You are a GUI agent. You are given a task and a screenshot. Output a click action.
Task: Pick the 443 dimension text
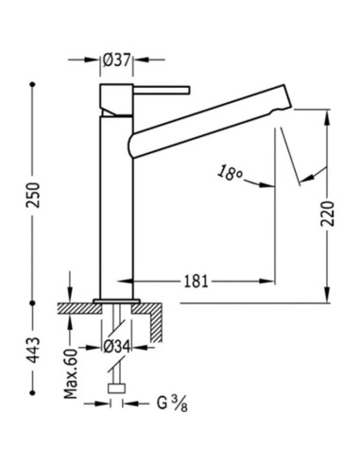tap(33, 346)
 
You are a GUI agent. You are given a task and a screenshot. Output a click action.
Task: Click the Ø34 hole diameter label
tap(117, 343)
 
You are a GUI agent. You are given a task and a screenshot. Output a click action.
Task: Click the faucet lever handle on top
tap(161, 89)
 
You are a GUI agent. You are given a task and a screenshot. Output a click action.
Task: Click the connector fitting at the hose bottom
tap(117, 387)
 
